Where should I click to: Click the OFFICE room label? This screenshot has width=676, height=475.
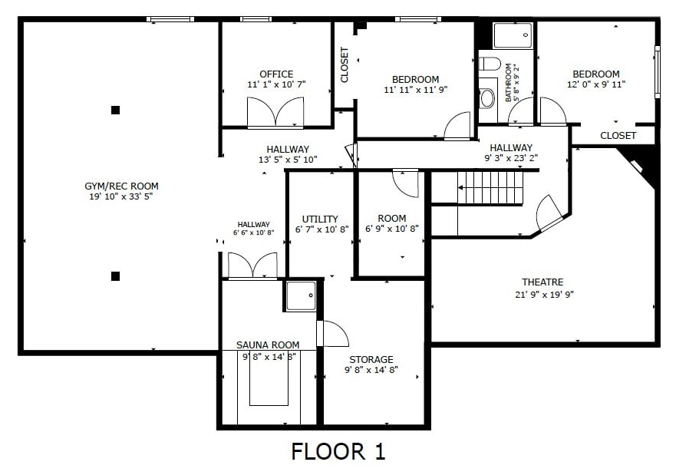click(276, 74)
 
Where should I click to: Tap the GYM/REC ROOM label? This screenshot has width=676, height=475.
click(121, 186)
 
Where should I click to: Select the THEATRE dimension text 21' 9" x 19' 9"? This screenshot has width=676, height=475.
click(544, 295)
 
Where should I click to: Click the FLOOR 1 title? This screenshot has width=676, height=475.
click(338, 452)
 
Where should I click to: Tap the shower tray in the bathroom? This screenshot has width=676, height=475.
click(513, 36)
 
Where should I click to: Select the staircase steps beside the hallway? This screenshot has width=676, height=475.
click(490, 188)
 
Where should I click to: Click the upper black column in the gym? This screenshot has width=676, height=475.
click(115, 110)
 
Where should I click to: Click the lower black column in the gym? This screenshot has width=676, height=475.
click(115, 275)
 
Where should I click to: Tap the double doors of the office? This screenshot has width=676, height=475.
click(275, 113)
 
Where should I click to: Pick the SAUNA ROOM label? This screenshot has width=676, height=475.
click(268, 345)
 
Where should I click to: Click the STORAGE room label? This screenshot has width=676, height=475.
click(371, 359)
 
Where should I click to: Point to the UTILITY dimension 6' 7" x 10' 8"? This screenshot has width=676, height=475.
click(322, 229)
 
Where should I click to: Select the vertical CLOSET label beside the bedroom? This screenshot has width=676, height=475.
click(345, 64)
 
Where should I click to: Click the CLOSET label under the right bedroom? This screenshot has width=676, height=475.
click(618, 136)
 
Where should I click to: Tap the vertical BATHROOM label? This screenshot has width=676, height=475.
click(508, 83)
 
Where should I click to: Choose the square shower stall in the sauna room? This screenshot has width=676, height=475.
click(301, 295)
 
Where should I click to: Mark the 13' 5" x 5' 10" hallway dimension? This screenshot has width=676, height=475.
click(288, 160)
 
